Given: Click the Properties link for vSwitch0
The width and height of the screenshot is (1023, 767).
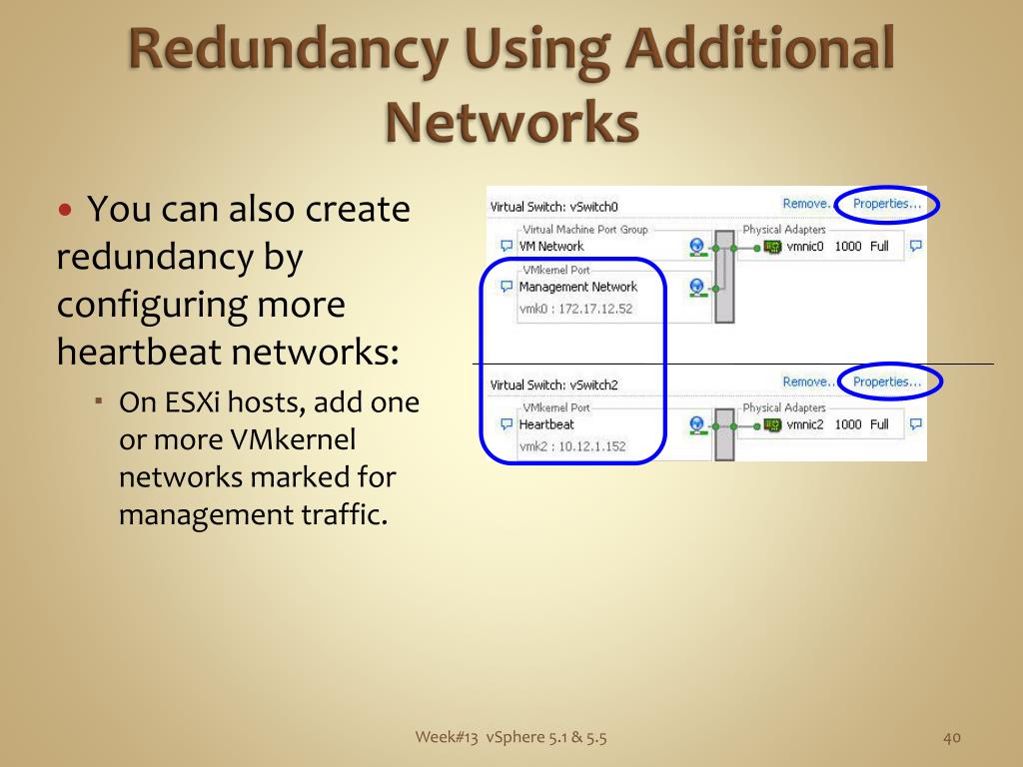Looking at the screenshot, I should coord(886,204).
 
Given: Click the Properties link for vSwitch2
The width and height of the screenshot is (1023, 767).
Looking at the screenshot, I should coord(886,382).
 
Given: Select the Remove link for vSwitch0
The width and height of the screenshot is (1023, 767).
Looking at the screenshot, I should coord(805,204).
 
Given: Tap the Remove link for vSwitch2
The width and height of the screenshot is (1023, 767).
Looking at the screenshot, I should coord(805,382).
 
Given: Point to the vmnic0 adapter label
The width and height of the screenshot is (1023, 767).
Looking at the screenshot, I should coord(805,247).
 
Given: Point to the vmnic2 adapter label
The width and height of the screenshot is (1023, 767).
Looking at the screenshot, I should coord(805,424).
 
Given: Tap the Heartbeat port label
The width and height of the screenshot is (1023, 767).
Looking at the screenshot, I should coord(546,424).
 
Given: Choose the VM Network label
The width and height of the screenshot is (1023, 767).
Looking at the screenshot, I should coord(551,247).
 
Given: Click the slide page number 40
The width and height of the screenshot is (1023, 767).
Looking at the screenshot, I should coord(951,738).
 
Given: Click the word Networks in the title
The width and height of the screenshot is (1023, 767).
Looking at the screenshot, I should coord(511,121).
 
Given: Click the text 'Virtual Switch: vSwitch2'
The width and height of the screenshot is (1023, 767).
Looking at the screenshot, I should coord(554,385).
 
